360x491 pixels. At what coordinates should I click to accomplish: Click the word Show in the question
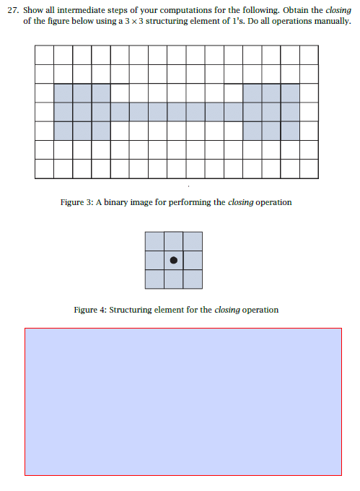(x=33, y=10)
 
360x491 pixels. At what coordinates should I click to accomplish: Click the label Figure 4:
(x=89, y=310)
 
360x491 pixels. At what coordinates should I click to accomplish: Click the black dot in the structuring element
(x=173, y=260)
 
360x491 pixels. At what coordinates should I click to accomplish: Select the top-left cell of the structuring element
(x=154, y=241)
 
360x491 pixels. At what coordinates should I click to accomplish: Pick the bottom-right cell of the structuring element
(x=192, y=279)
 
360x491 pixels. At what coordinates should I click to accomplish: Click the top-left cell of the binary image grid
(x=44, y=54)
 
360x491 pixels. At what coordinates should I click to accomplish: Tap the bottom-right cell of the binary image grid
(x=309, y=168)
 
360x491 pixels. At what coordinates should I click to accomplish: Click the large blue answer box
(x=183, y=401)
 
